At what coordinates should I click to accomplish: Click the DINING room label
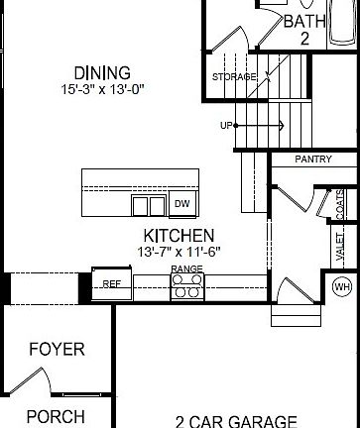(102, 73)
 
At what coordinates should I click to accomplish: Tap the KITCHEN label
(179, 236)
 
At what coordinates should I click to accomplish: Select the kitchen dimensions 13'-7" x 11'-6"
(179, 253)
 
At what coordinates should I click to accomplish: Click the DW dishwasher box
(181, 204)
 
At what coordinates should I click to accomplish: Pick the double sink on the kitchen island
(149, 205)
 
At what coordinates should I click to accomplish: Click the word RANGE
(186, 268)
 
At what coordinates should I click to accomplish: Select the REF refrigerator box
(111, 283)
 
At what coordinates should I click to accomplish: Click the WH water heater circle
(342, 287)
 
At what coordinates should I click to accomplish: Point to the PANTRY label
(312, 159)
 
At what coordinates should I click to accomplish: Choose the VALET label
(340, 245)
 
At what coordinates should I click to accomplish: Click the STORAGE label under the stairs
(234, 76)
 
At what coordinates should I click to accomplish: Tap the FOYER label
(56, 349)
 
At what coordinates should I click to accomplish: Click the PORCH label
(56, 416)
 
